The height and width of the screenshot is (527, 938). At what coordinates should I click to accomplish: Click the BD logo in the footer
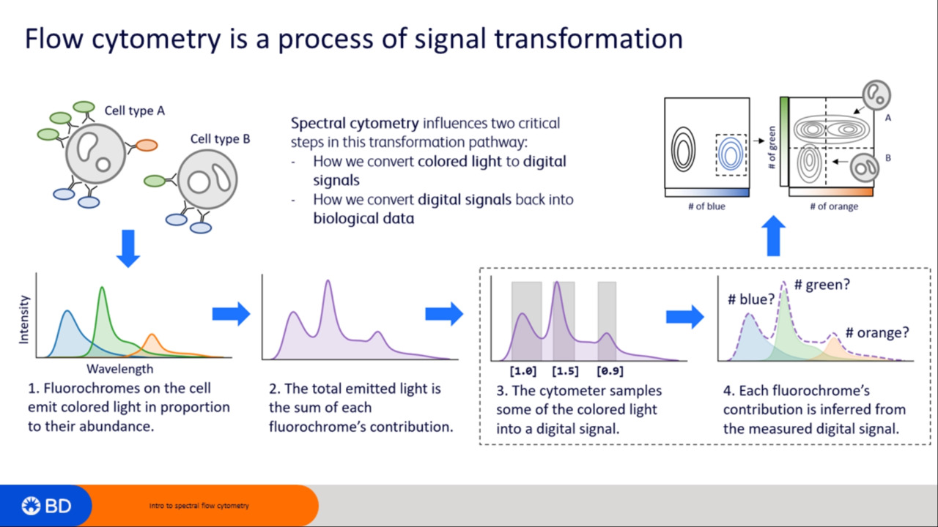click(x=46, y=506)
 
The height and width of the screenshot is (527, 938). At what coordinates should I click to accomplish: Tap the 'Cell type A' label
click(x=134, y=111)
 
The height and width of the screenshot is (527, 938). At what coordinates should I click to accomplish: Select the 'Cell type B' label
click(x=221, y=139)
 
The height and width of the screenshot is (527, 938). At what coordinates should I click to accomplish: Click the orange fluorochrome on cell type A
click(x=146, y=145)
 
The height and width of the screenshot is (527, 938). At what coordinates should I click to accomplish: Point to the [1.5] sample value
click(x=565, y=371)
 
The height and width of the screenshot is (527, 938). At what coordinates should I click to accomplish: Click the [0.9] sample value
click(x=610, y=371)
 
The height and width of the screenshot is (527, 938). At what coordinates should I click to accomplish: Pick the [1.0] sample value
click(x=523, y=371)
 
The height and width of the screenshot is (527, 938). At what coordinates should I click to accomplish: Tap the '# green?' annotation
click(x=822, y=285)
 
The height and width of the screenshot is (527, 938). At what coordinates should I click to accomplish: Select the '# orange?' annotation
click(x=877, y=333)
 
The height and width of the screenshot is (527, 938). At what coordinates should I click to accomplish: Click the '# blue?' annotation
click(x=751, y=299)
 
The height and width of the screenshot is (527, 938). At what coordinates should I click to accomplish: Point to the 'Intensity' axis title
click(x=24, y=320)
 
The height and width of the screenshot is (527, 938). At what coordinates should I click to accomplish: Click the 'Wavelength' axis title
click(x=120, y=369)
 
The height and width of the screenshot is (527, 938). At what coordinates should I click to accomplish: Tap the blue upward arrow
click(x=773, y=236)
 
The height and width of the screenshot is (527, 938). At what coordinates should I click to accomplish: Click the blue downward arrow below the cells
click(x=128, y=248)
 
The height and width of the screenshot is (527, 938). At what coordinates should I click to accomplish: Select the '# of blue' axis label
click(x=707, y=206)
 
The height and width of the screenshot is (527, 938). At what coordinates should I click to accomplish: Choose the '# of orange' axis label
click(x=834, y=206)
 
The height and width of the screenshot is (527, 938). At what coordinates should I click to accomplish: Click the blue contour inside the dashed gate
click(x=731, y=154)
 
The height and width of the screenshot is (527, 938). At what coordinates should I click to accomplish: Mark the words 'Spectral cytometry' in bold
click(x=355, y=124)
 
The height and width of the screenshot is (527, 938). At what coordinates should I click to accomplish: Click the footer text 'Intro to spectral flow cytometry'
click(x=199, y=506)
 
